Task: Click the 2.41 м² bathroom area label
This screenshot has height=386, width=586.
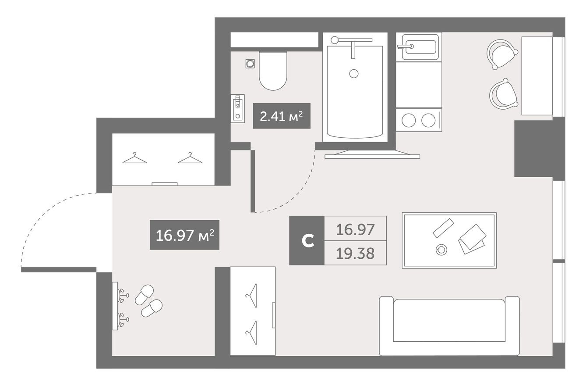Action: (x=282, y=116)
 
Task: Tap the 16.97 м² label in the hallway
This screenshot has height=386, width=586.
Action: (x=184, y=235)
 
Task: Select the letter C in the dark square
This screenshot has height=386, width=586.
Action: (x=307, y=241)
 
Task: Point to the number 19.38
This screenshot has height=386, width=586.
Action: (x=355, y=254)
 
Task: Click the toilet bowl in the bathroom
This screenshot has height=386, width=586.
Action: (x=273, y=71)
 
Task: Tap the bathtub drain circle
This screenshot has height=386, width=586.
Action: (x=354, y=74)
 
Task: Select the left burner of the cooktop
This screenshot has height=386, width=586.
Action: (x=408, y=121)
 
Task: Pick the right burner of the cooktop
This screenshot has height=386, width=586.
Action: (x=428, y=121)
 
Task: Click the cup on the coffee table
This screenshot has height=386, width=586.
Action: (x=441, y=250)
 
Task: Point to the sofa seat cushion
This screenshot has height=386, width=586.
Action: (x=449, y=320)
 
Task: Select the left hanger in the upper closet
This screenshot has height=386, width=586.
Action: (x=134, y=158)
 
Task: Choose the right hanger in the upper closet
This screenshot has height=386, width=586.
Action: (x=190, y=158)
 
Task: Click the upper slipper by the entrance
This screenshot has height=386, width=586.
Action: (x=144, y=295)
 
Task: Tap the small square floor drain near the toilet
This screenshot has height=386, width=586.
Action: (x=250, y=64)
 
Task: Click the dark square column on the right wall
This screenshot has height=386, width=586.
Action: (x=533, y=149)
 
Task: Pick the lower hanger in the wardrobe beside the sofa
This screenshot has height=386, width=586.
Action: (x=252, y=332)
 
